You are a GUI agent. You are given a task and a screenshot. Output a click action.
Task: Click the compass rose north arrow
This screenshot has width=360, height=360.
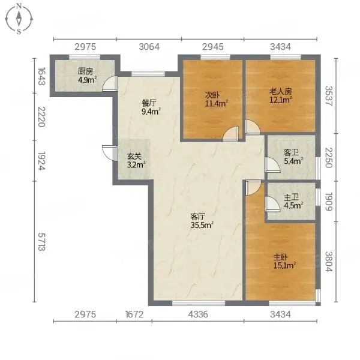point(19,19)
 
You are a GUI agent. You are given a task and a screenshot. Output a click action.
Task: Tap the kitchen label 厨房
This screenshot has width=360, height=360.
point(85,71)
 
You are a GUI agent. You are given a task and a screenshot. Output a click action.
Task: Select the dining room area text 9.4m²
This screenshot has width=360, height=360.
point(151,112)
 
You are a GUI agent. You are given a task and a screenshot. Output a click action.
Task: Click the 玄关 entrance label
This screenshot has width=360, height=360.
point(134,157)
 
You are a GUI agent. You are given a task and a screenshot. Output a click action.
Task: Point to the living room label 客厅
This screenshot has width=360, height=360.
point(197,216)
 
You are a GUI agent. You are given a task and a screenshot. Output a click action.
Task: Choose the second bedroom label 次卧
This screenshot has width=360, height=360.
point(212,95)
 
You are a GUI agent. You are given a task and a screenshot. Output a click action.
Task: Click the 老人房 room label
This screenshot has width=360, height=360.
point(281,91)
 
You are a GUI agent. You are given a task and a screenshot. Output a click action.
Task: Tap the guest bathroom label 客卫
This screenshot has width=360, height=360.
point(292,152)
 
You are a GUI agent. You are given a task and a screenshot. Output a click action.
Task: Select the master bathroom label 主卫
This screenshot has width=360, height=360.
point(292,197)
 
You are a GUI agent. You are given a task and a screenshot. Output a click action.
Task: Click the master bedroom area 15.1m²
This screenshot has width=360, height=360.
point(284,266)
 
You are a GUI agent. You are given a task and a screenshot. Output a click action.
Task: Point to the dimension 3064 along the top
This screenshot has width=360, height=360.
point(149,47)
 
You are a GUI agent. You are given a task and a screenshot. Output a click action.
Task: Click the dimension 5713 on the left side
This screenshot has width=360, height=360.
point(41,242)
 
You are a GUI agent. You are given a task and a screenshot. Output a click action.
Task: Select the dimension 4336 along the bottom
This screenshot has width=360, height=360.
point(198,314)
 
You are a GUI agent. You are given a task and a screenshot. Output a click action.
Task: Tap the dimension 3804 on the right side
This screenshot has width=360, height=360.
point(329,262)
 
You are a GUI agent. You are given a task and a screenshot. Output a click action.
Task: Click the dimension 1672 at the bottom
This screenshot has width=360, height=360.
point(134,314)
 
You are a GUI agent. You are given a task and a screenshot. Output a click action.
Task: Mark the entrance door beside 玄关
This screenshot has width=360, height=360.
point(110,152)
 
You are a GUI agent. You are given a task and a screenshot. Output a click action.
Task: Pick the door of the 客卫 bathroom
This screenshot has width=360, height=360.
point(272,164)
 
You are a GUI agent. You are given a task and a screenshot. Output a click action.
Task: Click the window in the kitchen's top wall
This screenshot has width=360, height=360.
point(85,57)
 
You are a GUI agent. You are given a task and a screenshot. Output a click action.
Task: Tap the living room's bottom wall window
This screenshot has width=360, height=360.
point(199,303)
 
